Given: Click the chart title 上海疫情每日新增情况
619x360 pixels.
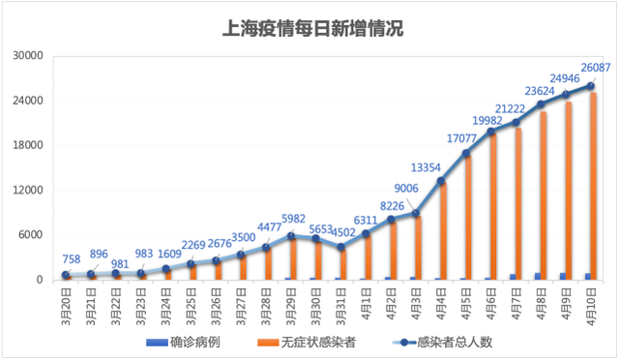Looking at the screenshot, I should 309,28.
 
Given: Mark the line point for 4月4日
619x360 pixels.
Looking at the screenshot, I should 441,181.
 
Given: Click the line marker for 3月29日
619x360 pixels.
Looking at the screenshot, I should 290,235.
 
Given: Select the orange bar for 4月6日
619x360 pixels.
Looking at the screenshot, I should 493,206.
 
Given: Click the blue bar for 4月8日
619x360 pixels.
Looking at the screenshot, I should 538,277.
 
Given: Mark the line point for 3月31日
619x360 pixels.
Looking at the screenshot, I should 340,247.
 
